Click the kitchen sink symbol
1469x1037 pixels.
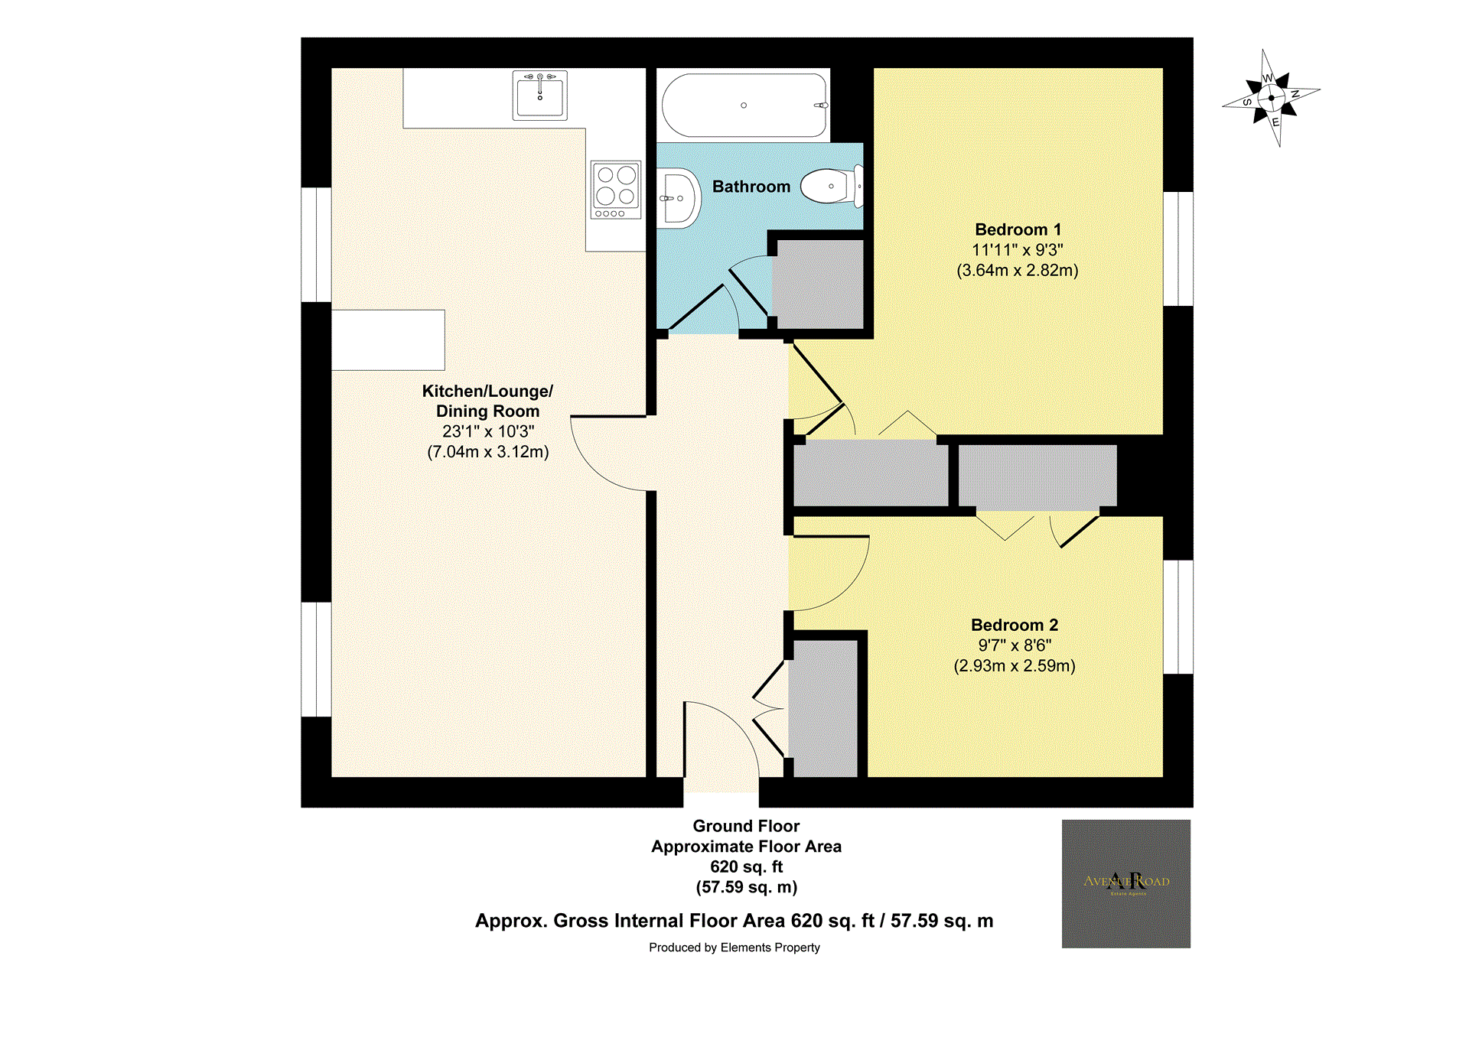(539, 96)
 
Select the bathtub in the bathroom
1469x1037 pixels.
(744, 106)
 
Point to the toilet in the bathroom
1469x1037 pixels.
(829, 186)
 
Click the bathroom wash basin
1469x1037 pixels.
(679, 199)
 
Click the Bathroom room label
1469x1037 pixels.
(751, 187)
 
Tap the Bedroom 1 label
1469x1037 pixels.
(1018, 229)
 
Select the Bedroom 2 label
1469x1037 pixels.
(1014, 625)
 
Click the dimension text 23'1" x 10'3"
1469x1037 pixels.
(488, 431)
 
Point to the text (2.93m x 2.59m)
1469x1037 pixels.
(1014, 666)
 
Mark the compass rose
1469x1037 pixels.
(1271, 98)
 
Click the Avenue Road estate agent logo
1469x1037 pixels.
(1125, 883)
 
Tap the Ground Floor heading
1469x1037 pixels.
(746, 826)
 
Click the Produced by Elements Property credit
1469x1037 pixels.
(734, 948)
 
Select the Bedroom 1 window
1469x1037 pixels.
(1178, 249)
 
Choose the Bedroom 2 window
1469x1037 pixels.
(1178, 616)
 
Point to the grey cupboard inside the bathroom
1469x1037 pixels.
(818, 284)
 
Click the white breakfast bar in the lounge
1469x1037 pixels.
(388, 340)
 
